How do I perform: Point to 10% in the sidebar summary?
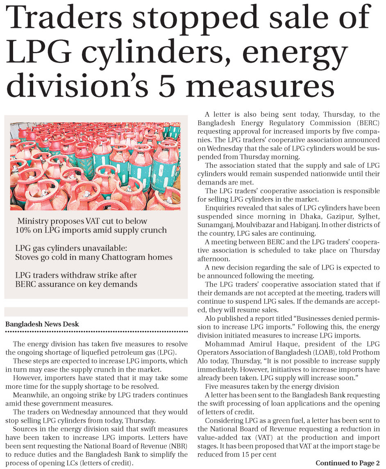point(24,230)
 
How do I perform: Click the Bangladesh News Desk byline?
point(42,324)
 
